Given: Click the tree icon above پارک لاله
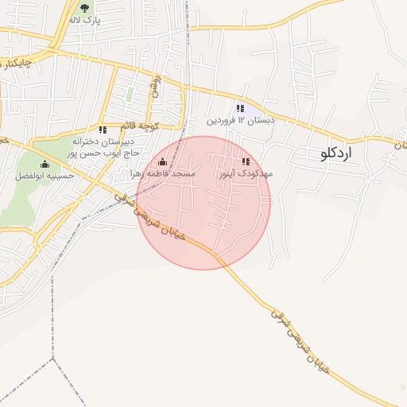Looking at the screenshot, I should coord(85,8).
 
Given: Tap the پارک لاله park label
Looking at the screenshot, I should coord(85,19).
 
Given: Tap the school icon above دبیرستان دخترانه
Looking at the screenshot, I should coord(102,130).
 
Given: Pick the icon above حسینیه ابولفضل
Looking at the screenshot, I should coord(45,165).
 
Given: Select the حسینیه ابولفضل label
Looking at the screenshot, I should coord(45,176).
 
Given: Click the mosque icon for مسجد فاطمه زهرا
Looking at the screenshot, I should coord(163,163).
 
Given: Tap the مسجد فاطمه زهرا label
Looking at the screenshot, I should coord(163,173).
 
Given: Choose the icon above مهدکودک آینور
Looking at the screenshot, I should coord(245,162).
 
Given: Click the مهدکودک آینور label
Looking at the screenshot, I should coord(245,173).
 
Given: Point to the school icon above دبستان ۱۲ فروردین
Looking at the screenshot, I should coord(240,108).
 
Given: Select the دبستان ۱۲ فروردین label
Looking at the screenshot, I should coord(241,121).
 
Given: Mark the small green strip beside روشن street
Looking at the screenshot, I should coord(130,94).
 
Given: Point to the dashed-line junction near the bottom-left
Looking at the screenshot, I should coord(52,358).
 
